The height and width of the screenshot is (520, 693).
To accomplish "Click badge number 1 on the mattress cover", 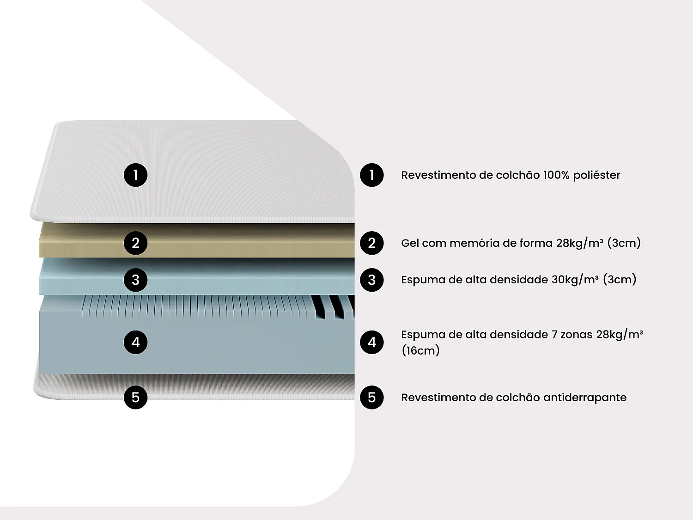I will pos(135,175).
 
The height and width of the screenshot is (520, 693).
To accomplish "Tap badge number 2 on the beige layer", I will pos(135,243).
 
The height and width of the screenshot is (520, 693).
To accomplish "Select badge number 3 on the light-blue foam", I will pos(135,280).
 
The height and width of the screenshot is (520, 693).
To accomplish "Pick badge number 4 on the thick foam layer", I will pos(135,342).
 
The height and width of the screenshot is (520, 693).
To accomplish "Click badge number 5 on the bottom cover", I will pos(135,397).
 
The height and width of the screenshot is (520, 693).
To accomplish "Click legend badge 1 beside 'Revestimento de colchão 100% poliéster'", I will pos(372,175).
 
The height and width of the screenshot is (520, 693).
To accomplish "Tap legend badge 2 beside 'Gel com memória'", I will pos(372,243).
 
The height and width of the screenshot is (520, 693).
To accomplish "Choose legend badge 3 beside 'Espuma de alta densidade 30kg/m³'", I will pos(372,280).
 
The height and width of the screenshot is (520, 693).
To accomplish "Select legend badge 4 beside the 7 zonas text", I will pos(372,342).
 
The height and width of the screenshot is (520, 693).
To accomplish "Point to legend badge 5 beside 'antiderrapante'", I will pos(372,397).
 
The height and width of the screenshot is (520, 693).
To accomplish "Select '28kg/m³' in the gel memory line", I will pos(579,243).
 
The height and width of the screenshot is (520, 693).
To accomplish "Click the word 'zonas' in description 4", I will pos(576,334).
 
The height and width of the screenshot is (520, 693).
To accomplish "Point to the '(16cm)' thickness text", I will pos(420,350).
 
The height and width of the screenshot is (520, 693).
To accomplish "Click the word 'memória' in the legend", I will pos(472,243).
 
